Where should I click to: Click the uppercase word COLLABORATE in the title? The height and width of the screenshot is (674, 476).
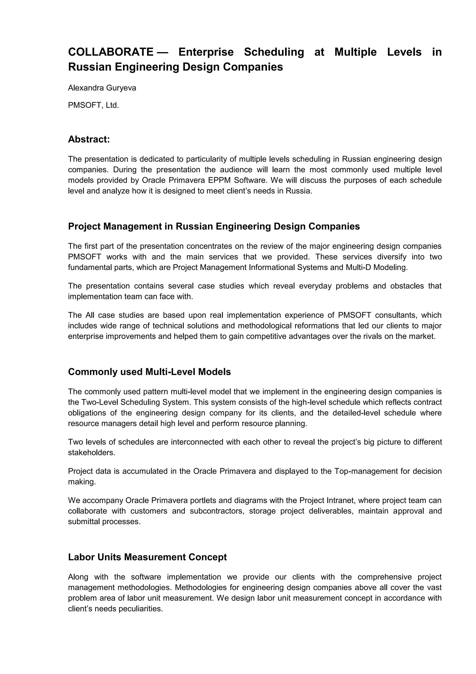tap(110, 52)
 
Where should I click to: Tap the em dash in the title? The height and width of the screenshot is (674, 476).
tap(163, 52)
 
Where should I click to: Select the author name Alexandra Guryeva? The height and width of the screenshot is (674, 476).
tap(102, 88)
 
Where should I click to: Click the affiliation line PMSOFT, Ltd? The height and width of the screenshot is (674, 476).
tap(93, 105)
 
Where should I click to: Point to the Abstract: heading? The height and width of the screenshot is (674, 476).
tap(89, 139)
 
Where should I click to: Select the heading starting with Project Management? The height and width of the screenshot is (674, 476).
tap(214, 226)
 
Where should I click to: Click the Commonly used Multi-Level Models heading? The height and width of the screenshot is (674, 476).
tap(149, 372)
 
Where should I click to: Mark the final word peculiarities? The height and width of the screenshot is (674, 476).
tap(140, 609)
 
